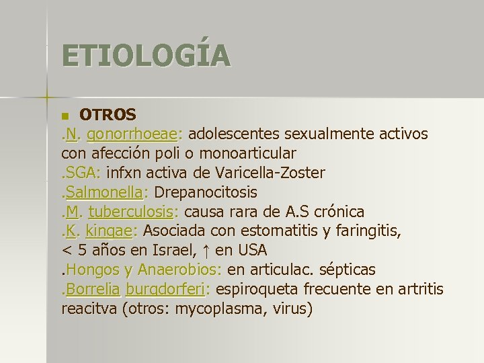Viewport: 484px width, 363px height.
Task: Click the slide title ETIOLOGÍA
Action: (x=146, y=56)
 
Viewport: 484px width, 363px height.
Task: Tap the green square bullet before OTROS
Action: (x=65, y=116)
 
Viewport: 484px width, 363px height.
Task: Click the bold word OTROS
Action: (x=108, y=115)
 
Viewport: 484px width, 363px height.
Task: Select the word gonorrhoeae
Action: (x=132, y=134)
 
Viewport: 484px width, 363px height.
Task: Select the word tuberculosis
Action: (x=130, y=212)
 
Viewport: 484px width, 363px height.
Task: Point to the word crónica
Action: (x=339, y=212)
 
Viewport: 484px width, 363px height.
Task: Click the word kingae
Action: (x=111, y=232)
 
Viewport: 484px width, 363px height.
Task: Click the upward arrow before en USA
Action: (x=206, y=251)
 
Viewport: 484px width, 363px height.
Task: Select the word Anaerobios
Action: (x=179, y=270)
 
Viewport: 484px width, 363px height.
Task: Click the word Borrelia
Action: (x=93, y=290)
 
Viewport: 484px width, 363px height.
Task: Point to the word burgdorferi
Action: (x=165, y=290)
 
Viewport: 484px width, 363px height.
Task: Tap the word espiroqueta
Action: (x=255, y=290)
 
